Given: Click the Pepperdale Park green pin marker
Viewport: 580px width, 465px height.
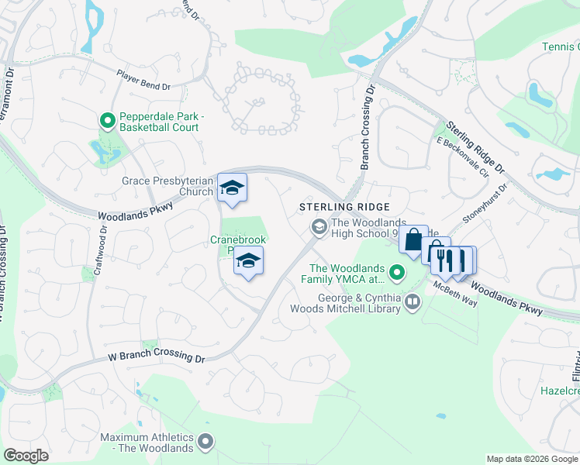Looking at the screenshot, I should [x=108, y=121].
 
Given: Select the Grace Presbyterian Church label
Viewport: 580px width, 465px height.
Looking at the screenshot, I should [x=167, y=186].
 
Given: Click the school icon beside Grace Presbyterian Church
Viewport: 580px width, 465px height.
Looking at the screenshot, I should [x=231, y=188].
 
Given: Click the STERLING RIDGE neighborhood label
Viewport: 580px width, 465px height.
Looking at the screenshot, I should [x=344, y=208].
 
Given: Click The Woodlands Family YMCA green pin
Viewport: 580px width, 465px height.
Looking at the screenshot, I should [x=397, y=273].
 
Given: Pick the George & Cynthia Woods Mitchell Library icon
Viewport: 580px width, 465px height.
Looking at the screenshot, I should [x=412, y=301].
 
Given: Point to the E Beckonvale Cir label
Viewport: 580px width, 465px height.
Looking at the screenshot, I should [x=463, y=157].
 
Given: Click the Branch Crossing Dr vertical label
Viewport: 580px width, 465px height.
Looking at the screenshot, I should [x=368, y=128].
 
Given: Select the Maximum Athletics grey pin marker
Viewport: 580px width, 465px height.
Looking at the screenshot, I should [x=205, y=442].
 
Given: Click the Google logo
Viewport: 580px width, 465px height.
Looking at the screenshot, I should [x=26, y=456].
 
